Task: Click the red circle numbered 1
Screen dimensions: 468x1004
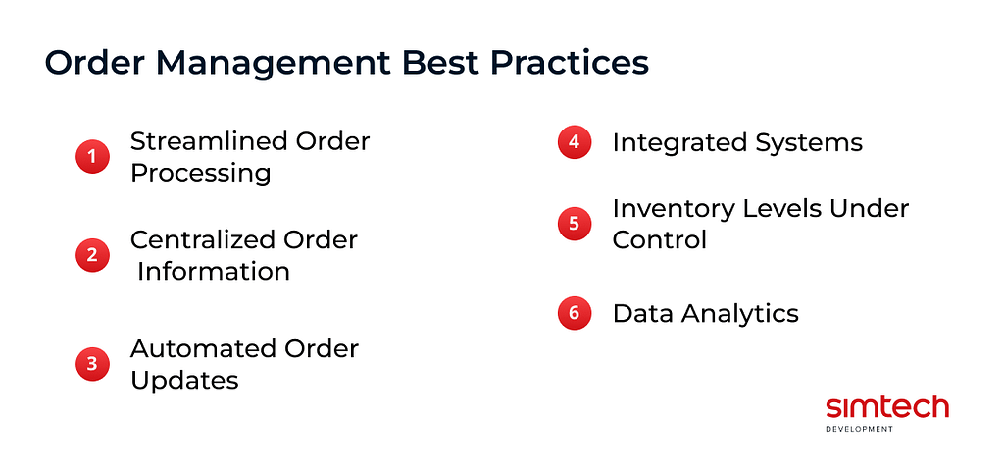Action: tap(92, 156)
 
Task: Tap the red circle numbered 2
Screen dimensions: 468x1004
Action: tap(92, 255)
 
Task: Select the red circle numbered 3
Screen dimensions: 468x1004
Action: tap(92, 364)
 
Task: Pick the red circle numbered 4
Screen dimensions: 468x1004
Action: tap(574, 141)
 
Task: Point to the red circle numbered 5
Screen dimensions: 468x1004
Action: tap(574, 223)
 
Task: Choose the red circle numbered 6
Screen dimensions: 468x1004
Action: tap(574, 313)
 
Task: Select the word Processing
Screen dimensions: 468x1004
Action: tap(201, 173)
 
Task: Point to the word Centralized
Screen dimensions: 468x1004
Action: tap(202, 239)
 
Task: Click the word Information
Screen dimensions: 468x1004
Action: tap(214, 271)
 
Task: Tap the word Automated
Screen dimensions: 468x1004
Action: tap(203, 348)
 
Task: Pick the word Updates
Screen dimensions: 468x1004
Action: tap(184, 380)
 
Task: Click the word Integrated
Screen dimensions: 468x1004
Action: tap(677, 142)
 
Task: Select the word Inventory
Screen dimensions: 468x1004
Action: tap(672, 208)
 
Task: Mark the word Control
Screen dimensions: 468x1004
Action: tap(659, 239)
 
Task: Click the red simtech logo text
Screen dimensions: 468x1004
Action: tap(886, 407)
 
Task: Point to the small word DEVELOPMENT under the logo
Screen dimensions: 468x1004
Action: tap(860, 429)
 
